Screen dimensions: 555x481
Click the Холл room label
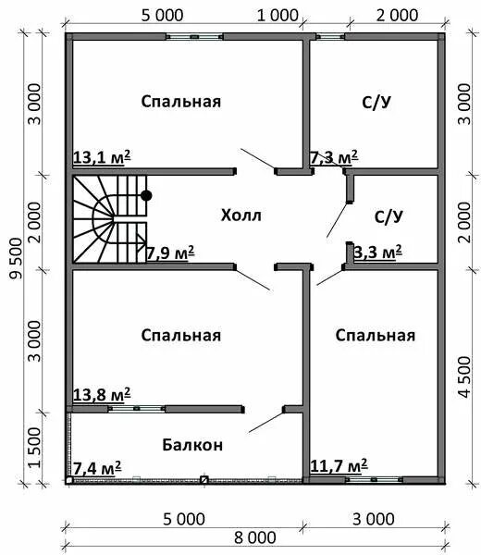241,216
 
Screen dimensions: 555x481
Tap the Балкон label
193,444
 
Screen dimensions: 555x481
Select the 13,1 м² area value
101,158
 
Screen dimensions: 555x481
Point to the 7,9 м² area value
169,251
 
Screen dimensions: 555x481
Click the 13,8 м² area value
101,395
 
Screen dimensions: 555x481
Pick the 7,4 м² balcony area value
97,467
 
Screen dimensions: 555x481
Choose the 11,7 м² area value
339,464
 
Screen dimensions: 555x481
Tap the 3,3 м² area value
377,251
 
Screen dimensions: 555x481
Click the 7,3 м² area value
334,158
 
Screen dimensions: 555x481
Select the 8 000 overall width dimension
254,537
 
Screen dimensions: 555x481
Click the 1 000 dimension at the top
278,14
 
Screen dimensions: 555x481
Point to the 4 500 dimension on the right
463,376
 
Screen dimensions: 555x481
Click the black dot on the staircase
146,195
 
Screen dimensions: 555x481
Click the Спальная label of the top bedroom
181,101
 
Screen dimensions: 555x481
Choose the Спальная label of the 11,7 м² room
376,335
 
